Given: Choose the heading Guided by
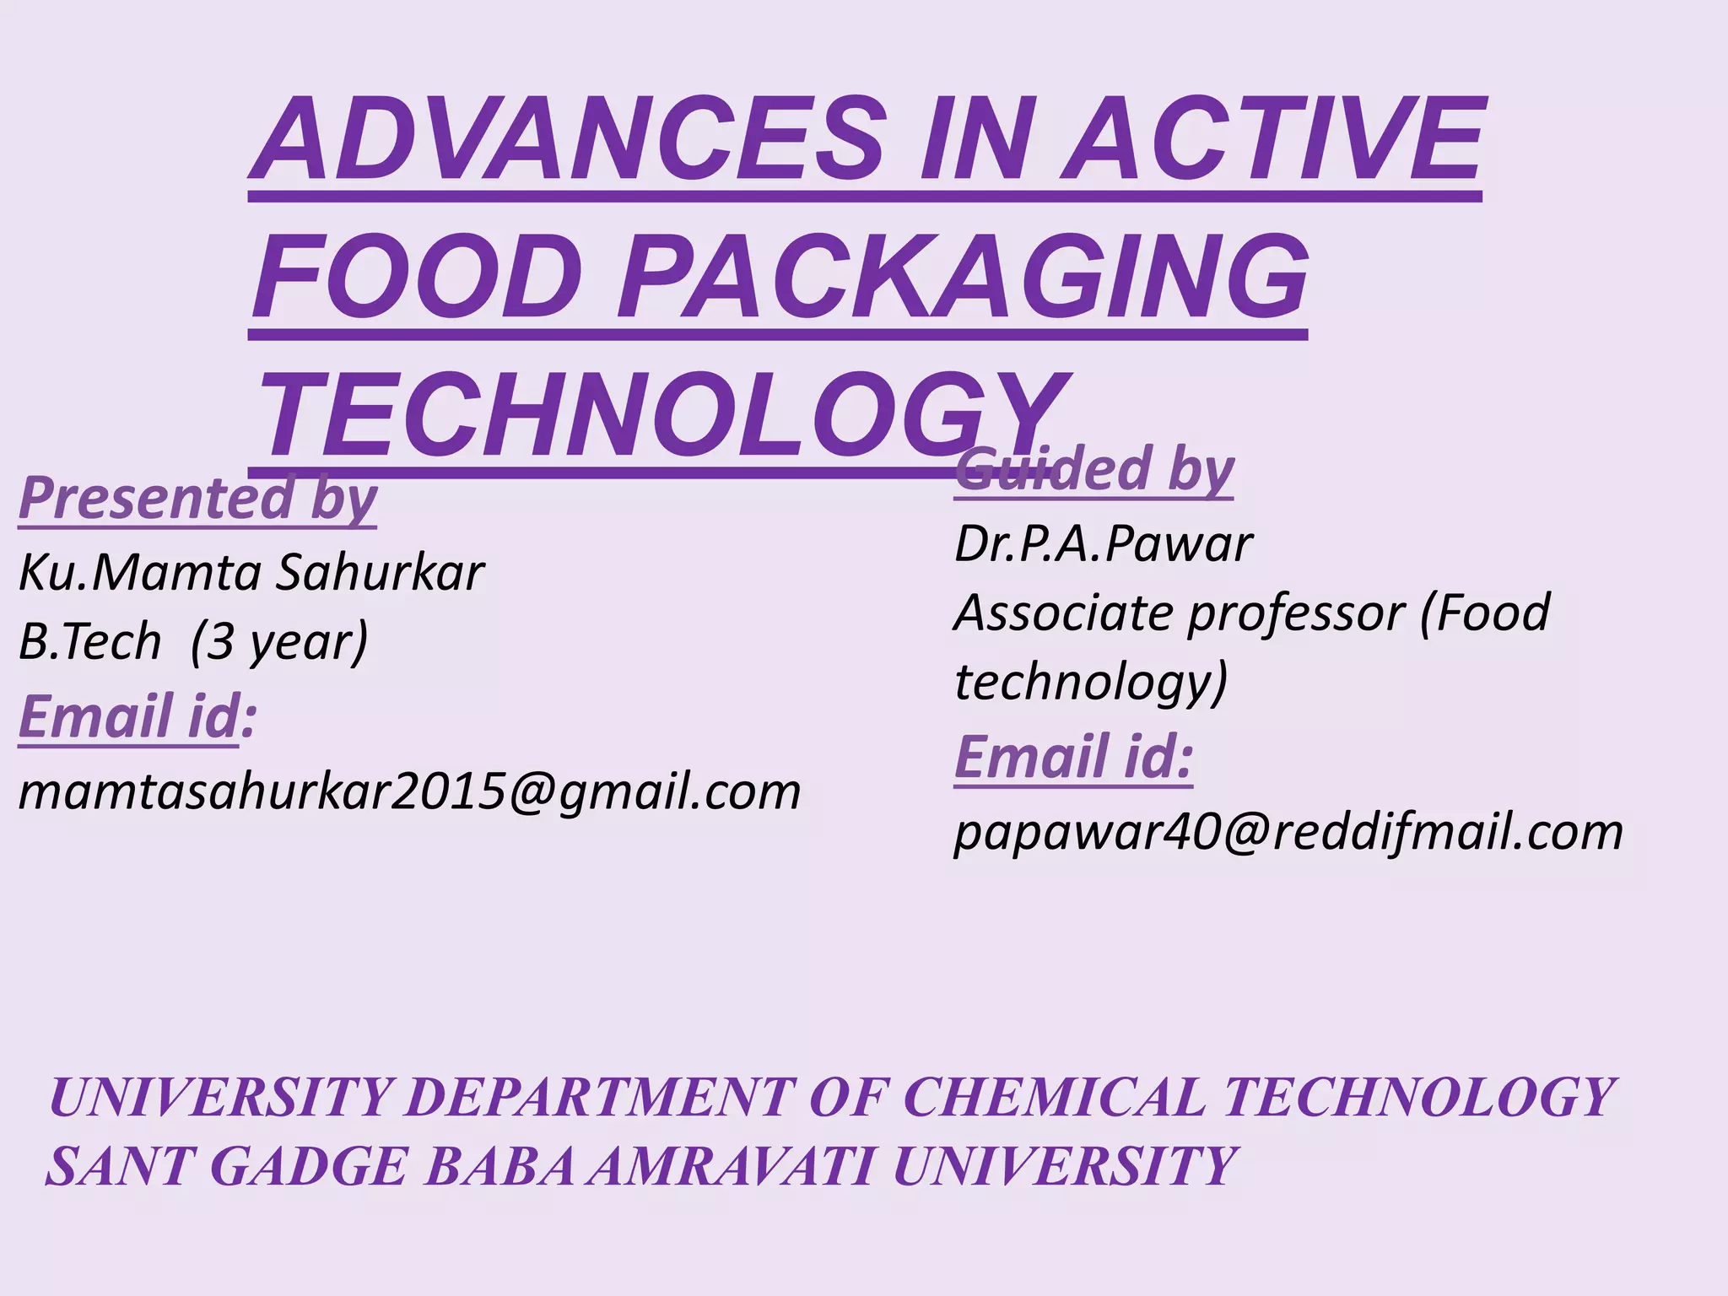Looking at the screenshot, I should click(x=1094, y=470).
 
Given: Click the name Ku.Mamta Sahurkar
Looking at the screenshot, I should click(x=251, y=573).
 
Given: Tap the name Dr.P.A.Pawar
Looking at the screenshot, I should click(x=1103, y=543).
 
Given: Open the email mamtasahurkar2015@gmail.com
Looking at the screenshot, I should click(x=409, y=792).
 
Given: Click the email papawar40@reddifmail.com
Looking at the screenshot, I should click(x=1288, y=832).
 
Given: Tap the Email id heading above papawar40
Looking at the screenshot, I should click(x=1073, y=757).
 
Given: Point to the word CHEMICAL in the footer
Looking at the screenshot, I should click(x=1054, y=1098).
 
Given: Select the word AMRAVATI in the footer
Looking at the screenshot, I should click(x=731, y=1167).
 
